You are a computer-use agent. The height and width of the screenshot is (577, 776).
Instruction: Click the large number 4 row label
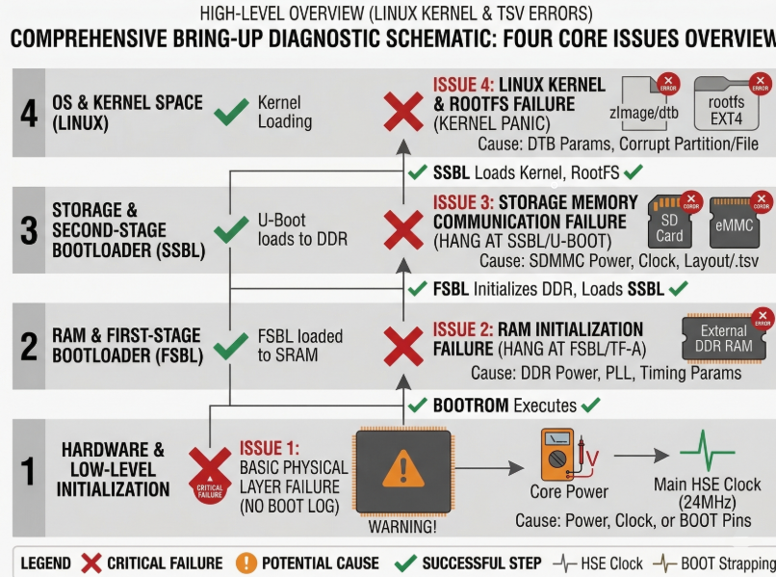pyautogui.click(x=28, y=112)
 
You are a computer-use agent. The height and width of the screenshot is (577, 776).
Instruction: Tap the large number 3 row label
pyautogui.click(x=28, y=230)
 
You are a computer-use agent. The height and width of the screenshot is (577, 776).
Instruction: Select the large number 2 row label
pyautogui.click(x=28, y=346)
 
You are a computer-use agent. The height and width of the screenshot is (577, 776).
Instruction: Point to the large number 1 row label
pyautogui.click(x=28, y=471)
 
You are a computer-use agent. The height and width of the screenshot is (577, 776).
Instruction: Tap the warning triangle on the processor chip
pyautogui.click(x=403, y=471)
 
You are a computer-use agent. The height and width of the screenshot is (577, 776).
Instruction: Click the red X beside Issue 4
pyautogui.click(x=404, y=113)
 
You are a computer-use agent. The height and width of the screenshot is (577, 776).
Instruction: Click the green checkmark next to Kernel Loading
pyautogui.click(x=230, y=112)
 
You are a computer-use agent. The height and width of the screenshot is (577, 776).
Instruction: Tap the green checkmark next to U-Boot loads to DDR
pyautogui.click(x=230, y=230)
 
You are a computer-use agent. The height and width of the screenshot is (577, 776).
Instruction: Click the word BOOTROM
pyautogui.click(x=470, y=406)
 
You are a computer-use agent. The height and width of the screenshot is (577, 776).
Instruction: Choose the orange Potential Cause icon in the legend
pyautogui.click(x=246, y=564)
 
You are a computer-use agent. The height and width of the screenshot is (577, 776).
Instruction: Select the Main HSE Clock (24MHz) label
pyautogui.click(x=708, y=493)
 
